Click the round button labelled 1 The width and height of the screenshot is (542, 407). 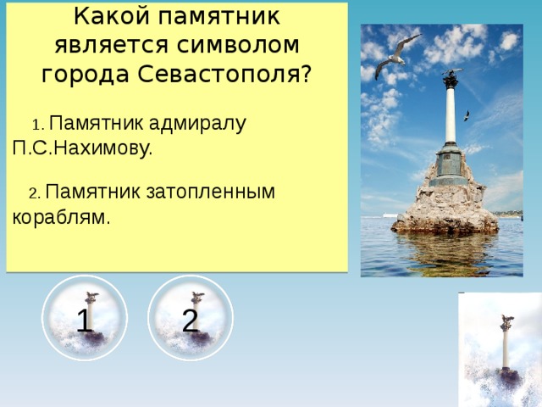[x=85, y=319]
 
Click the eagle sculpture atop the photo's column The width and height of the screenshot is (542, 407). [x=451, y=78]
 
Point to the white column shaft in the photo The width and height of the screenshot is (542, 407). [x=451, y=114]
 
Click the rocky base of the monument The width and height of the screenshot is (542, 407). [x=445, y=208]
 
